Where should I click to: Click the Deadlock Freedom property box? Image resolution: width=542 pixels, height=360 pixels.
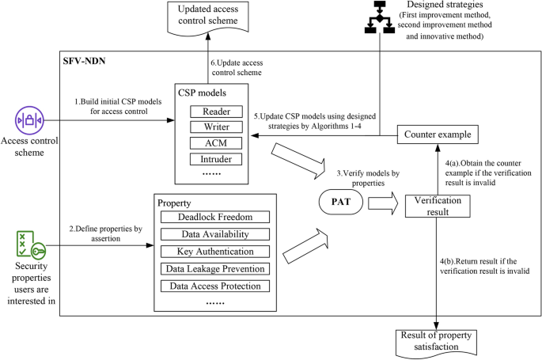[215, 217]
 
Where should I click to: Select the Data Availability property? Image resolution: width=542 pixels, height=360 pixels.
[215, 234]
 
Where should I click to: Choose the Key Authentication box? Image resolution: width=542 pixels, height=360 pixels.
[215, 252]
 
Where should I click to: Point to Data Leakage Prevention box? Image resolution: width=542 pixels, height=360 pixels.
[215, 269]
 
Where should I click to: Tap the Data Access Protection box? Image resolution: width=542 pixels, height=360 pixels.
[215, 286]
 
